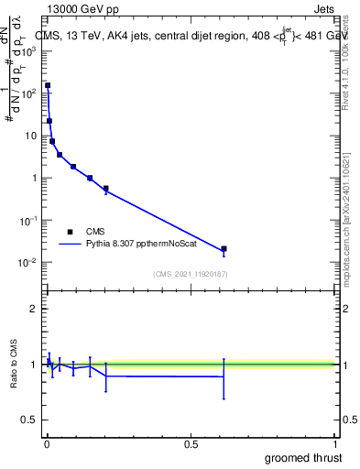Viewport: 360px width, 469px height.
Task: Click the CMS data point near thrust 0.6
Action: (224, 249)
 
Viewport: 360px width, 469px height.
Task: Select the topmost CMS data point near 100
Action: (48, 85)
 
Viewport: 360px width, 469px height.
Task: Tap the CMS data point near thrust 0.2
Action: (106, 189)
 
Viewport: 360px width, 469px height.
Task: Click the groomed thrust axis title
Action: (305, 458)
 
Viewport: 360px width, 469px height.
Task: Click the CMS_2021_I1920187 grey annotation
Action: (191, 274)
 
